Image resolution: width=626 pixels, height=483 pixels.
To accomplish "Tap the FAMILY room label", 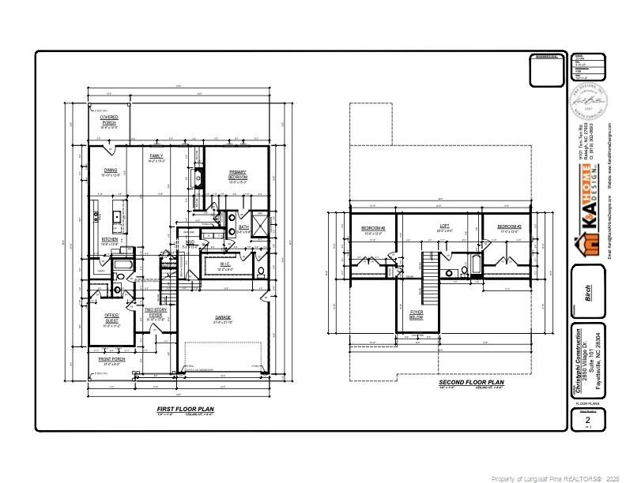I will point(156,158).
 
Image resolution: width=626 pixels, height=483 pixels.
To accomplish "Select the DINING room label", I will point(111,172).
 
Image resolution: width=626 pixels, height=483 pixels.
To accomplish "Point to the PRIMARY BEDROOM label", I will point(238,174).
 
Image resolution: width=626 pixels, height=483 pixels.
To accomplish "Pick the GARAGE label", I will point(223,319).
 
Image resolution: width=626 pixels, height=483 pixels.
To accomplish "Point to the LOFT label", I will point(444,227).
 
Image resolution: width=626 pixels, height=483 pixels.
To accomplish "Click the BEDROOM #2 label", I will point(372,229).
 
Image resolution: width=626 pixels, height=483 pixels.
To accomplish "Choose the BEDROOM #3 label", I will point(507,228).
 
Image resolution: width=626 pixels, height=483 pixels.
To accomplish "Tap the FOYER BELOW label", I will point(417,314).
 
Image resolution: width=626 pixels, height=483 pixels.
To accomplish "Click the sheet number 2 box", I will point(587,421).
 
